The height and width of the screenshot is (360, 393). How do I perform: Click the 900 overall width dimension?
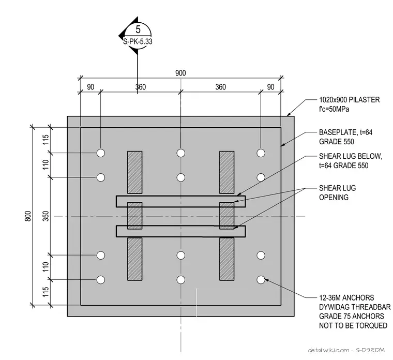(x=180, y=73)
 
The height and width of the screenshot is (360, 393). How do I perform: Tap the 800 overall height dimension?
(x=28, y=216)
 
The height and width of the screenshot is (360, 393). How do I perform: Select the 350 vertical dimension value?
(x=46, y=216)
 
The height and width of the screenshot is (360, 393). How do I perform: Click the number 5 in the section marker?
(x=138, y=29)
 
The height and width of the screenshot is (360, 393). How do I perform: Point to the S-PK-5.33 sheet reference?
(x=138, y=41)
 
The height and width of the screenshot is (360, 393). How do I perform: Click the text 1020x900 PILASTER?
(x=350, y=100)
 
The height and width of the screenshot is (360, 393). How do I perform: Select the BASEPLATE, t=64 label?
(x=345, y=132)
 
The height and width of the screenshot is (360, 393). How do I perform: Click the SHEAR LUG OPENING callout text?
(x=337, y=192)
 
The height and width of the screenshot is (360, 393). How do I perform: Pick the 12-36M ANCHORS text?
(x=346, y=298)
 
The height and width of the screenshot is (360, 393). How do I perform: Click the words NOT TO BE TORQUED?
(x=353, y=325)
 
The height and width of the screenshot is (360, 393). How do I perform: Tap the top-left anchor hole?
(x=101, y=153)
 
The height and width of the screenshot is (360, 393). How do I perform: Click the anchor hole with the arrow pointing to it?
(x=261, y=280)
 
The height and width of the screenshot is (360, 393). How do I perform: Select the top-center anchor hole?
(x=180, y=153)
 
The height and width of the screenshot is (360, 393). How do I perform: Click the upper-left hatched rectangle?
(x=135, y=172)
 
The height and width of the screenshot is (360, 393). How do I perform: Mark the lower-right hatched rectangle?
(x=227, y=259)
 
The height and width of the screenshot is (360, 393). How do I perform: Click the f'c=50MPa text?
(x=334, y=109)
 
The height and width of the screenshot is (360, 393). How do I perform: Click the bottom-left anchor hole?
(x=101, y=280)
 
